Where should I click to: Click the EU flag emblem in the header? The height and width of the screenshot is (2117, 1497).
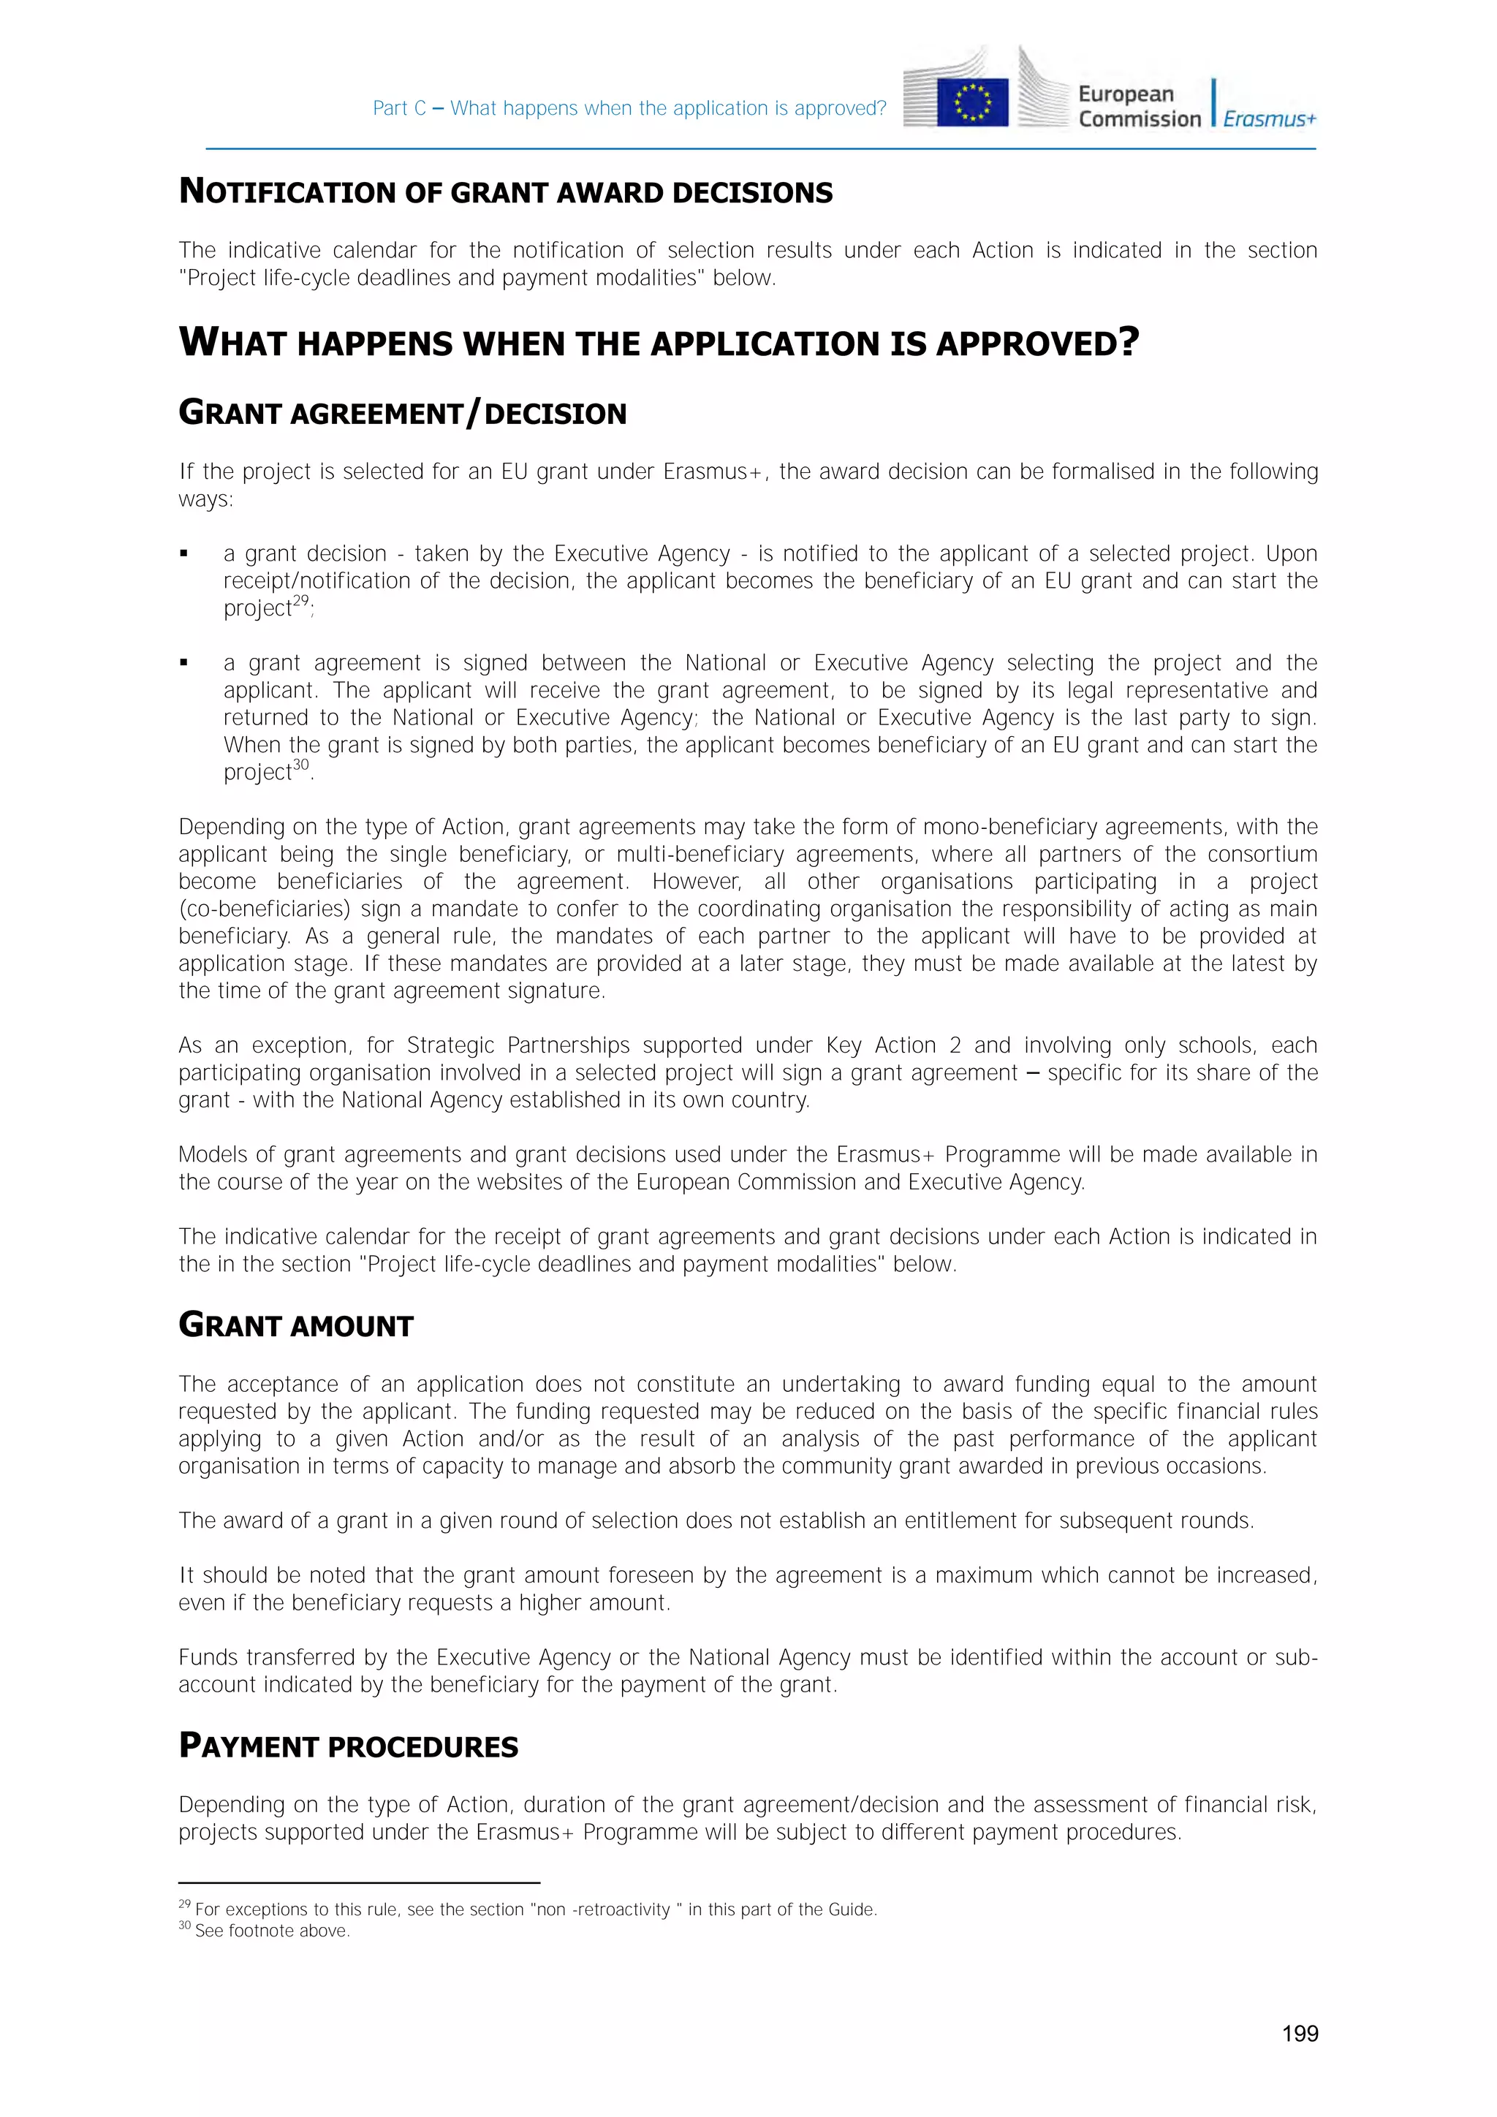(972, 102)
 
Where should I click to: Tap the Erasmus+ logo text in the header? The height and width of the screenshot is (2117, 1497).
(1270, 119)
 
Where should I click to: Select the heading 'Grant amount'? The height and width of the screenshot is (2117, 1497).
(296, 1325)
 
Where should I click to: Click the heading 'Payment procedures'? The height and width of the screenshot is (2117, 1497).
(349, 1746)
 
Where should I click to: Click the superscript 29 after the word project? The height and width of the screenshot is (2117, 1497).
(300, 601)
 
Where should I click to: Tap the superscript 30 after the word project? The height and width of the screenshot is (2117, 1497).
(300, 765)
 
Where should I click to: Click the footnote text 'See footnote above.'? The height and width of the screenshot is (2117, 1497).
(272, 1931)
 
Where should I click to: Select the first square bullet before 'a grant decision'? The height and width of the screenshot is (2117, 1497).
(184, 554)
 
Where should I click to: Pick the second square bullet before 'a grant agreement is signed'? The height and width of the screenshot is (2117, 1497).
(184, 663)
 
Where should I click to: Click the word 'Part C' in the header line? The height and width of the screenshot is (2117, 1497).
(398, 108)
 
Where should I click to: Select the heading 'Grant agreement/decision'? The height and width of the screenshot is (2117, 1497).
(402, 412)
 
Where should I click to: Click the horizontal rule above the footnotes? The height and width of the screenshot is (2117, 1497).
(359, 1883)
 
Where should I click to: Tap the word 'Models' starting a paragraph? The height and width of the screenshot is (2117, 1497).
(211, 1154)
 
